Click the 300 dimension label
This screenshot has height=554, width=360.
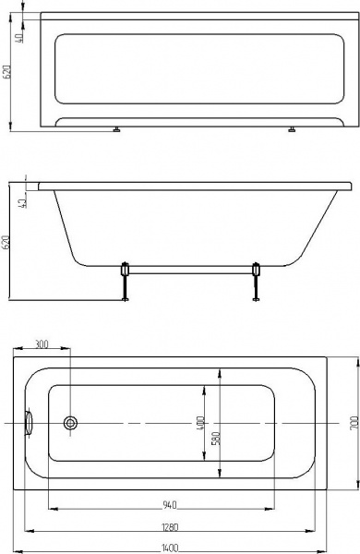tap(42, 343)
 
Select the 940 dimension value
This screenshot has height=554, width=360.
tap(169, 505)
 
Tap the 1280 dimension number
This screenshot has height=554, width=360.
tap(170, 527)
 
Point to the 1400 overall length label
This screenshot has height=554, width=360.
tap(170, 548)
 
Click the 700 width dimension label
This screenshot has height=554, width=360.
tap(354, 423)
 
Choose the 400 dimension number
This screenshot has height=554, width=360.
tap(200, 423)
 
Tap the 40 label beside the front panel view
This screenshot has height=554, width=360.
tap(19, 37)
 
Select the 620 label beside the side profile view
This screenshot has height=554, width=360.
tap(6, 242)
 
